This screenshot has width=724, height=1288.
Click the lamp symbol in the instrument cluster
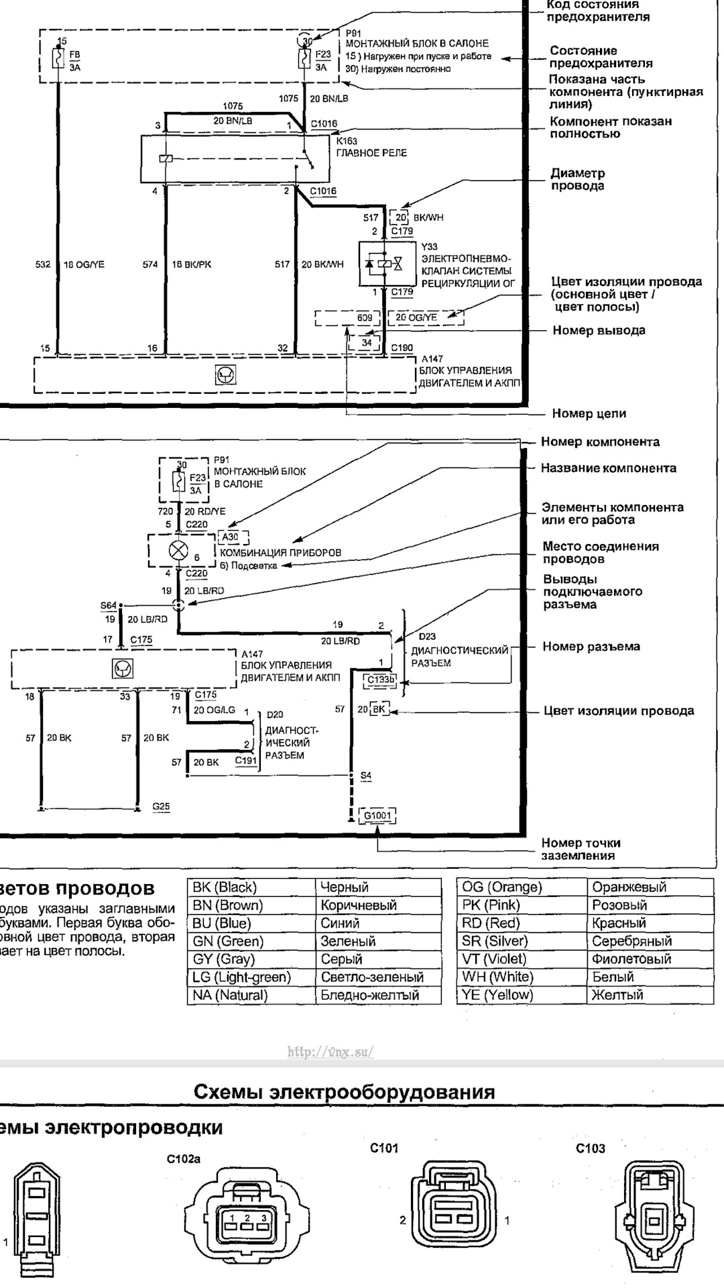point(178,551)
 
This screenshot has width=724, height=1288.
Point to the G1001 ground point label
point(377,816)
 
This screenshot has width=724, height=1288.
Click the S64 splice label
point(108,606)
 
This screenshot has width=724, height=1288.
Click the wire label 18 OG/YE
point(84,264)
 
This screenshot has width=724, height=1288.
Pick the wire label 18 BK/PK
point(191,264)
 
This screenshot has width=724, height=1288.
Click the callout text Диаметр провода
point(577,179)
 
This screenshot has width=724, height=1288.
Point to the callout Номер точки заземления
point(581,849)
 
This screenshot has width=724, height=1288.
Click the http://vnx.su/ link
point(330,1051)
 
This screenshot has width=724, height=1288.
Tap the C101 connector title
point(384,1148)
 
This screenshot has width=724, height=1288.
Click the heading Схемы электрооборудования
point(345,1091)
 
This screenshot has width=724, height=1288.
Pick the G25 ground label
point(161,806)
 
